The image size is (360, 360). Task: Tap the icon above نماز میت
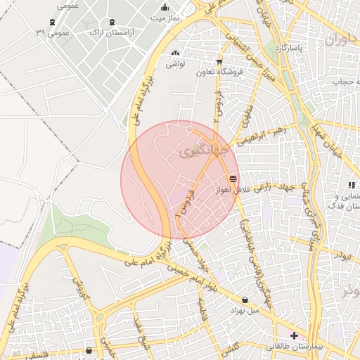pos(165,7)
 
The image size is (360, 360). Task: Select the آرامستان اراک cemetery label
pos(113,32)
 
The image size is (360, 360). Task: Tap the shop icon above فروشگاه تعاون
pos(219,62)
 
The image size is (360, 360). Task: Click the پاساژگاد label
pos(288,49)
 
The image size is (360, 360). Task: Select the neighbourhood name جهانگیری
pos(204,151)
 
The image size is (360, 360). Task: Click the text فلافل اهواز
pos(219,188)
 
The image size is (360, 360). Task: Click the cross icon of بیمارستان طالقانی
pos(293,336)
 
